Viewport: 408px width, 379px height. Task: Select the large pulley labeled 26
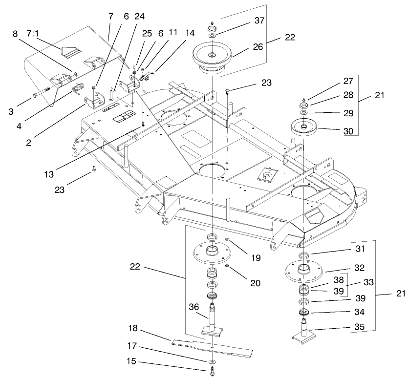click(x=214, y=57)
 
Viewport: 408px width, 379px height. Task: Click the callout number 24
click(x=139, y=16)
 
